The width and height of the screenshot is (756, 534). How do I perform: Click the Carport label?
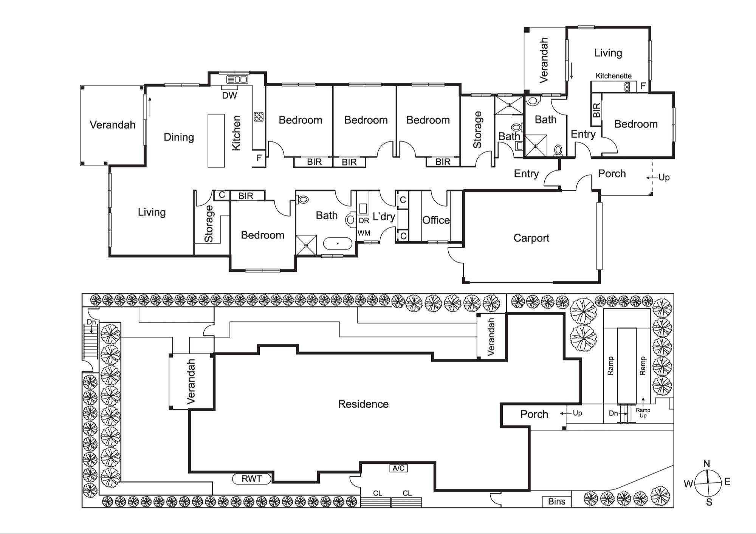pos(531,238)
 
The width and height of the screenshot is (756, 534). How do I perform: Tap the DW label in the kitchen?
pos(229,96)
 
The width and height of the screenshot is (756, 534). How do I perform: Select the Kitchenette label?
pos(613,76)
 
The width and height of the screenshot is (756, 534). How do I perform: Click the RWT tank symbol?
pos(252,479)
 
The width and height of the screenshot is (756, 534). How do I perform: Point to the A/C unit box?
pos(398,468)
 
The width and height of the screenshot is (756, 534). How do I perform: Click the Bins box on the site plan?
pos(556,501)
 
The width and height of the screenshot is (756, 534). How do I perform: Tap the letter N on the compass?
pos(706,463)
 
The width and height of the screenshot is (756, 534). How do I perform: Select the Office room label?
pos(436,220)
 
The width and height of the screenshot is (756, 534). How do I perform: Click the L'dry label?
pos(384,217)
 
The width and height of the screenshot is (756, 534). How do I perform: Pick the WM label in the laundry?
pos(364,233)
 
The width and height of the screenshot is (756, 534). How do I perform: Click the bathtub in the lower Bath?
pos(338,243)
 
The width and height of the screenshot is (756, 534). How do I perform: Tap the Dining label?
pos(179,137)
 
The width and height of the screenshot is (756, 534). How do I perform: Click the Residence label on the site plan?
pos(363,404)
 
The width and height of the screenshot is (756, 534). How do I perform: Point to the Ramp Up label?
pos(643,412)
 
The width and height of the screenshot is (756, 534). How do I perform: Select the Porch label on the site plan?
pos(534,414)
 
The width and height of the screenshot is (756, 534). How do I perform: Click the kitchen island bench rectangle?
pos(216,140)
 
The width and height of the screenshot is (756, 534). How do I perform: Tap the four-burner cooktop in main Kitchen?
pos(259,116)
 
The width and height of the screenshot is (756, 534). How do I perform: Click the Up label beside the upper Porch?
pos(664,177)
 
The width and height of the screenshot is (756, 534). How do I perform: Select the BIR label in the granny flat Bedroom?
pos(596,110)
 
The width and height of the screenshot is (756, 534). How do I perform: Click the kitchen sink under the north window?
pos(237,79)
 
